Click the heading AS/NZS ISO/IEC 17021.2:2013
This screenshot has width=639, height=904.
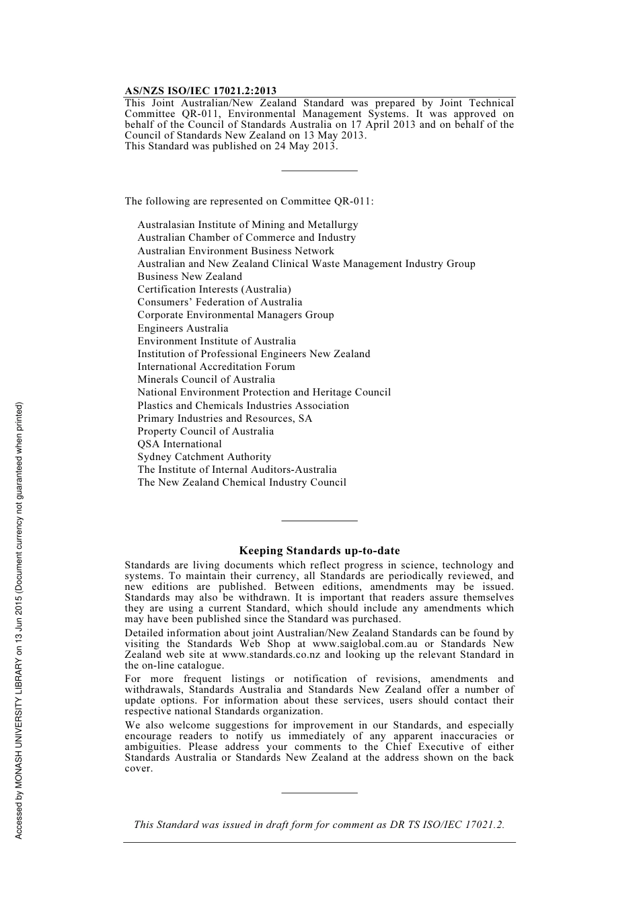click(200, 91)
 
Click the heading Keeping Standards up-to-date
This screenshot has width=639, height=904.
click(319, 550)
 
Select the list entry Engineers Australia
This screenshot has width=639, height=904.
click(183, 328)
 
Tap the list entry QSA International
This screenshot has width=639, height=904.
click(180, 444)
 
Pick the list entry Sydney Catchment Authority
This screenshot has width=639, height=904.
click(204, 457)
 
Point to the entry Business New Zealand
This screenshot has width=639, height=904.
click(190, 276)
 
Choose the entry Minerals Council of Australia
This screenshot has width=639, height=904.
click(206, 379)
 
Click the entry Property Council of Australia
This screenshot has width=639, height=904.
click(206, 431)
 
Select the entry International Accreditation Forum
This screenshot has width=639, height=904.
click(216, 367)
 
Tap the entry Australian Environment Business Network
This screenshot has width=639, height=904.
click(235, 251)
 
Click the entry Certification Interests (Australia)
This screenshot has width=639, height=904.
click(214, 289)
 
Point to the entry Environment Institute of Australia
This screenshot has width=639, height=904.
click(217, 341)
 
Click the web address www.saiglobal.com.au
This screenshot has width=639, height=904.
click(365, 644)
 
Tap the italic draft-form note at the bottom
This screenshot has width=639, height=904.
click(319, 825)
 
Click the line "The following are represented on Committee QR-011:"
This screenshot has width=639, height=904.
click(249, 201)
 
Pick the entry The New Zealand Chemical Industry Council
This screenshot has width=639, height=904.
click(241, 482)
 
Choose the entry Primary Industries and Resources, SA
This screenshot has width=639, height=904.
click(225, 418)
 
